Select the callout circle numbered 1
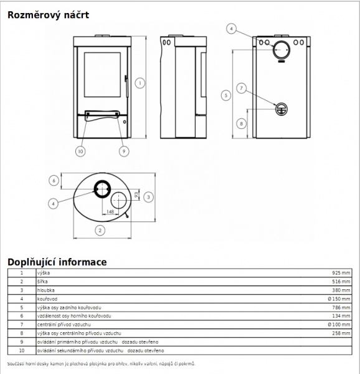click(140, 84)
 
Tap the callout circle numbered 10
click(80, 151)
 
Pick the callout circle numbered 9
click(124, 151)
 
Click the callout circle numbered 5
click(226, 95)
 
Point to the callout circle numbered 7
click(242, 89)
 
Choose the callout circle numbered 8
click(242, 124)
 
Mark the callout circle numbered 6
click(54, 181)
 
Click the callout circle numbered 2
click(100, 231)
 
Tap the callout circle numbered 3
click(148, 197)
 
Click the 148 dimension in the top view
click(110, 211)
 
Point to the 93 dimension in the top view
click(136, 194)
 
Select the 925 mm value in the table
click(341, 273)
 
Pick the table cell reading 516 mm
click(341, 282)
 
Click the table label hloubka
click(45, 290)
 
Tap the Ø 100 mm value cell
click(339, 325)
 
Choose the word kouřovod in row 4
click(47, 299)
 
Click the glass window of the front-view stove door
click(102, 75)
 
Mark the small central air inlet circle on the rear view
click(282, 109)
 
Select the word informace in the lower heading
click(83, 262)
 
